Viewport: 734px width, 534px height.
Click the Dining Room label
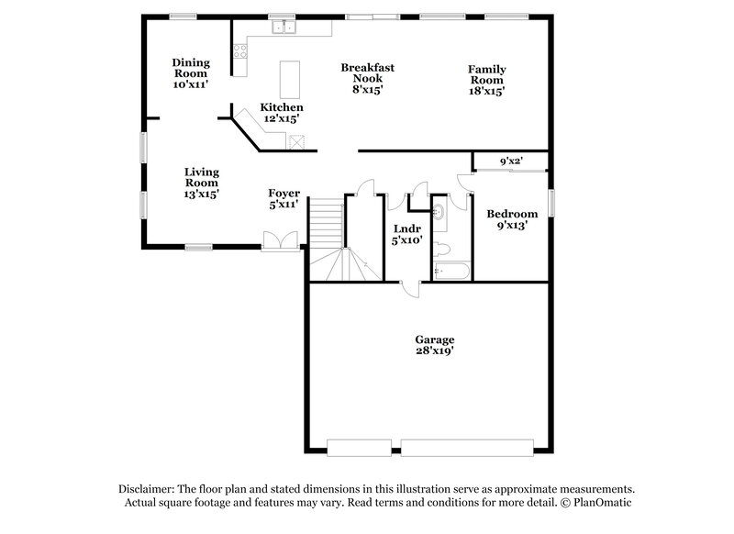point(191,63)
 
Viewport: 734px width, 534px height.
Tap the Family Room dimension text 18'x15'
point(487,91)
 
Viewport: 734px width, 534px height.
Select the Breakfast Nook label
point(361,68)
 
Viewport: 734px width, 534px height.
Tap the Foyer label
point(284,194)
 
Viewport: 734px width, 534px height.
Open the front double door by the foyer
point(279,240)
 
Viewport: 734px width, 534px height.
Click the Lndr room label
point(406,228)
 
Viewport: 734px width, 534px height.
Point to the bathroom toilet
point(441,248)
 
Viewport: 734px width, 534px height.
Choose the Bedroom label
point(506,213)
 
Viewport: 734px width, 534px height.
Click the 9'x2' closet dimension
point(511,162)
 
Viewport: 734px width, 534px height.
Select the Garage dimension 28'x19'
point(435,351)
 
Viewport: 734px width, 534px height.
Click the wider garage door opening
point(468,449)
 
